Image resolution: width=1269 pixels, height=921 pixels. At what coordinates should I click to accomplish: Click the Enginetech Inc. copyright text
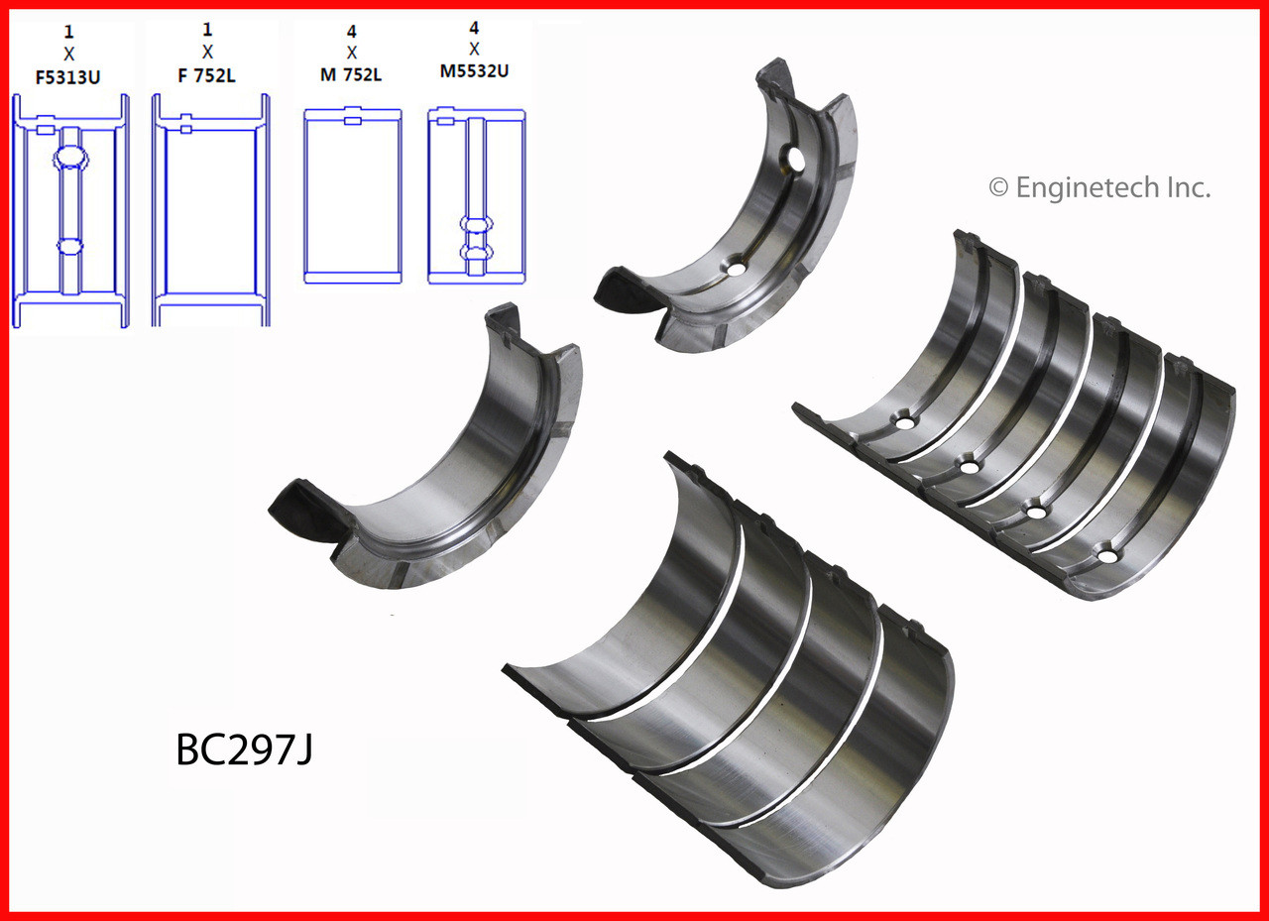[x=1098, y=187]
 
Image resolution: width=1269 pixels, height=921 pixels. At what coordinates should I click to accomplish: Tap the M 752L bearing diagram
[x=352, y=198]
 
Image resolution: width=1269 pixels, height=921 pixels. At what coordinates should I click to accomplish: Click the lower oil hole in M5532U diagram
[x=475, y=254]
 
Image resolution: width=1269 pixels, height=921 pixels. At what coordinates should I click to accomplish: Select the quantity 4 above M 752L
[x=352, y=31]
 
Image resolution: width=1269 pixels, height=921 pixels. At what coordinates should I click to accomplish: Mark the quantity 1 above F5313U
[x=68, y=31]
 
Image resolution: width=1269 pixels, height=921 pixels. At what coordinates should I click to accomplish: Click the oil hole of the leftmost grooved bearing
[x=903, y=423]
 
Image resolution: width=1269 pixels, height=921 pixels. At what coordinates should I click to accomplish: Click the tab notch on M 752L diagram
[x=352, y=121]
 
